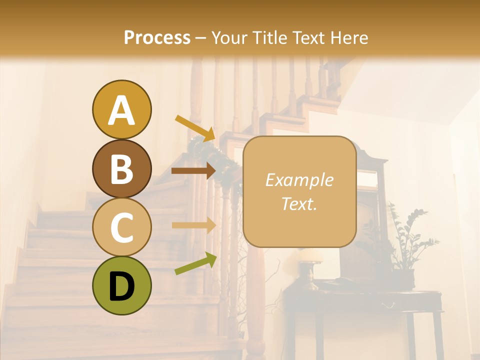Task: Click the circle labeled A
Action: (x=121, y=109)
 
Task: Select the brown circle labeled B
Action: (x=121, y=168)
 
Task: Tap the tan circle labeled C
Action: (x=121, y=227)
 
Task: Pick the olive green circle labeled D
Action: (x=121, y=286)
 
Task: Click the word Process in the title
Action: (x=157, y=37)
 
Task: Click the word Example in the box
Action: (x=299, y=180)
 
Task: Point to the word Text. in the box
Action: (x=299, y=203)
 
